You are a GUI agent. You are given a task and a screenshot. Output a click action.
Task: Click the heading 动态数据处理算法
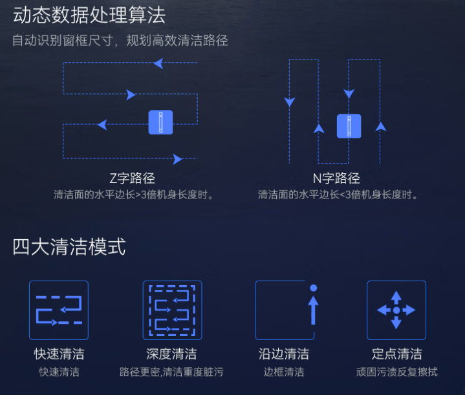coord(89,14)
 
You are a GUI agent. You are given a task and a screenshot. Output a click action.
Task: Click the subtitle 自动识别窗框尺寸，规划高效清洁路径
coord(120,41)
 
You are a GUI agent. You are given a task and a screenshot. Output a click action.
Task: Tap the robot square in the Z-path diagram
coord(160,122)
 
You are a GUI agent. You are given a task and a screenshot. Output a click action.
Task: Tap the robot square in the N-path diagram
coord(349,126)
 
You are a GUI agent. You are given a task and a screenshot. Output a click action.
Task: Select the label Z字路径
coord(133,178)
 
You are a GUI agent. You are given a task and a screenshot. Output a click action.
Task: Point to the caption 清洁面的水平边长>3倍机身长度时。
coord(134,194)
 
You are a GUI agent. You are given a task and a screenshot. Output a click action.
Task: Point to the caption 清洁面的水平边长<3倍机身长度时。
coord(338,194)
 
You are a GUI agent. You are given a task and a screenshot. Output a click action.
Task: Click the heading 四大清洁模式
coord(69,247)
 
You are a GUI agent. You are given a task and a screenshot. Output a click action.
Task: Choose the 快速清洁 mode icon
coord(59,310)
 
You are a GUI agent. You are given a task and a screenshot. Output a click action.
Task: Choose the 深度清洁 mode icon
coord(172,310)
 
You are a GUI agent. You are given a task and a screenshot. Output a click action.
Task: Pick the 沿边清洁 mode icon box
coord(285,310)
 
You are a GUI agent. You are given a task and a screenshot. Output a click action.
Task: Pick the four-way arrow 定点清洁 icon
coord(396,310)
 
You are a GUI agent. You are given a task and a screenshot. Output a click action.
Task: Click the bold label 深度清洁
coord(171,354)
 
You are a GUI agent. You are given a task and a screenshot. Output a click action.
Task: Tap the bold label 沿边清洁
coord(284,354)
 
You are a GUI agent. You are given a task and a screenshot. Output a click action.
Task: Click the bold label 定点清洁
coord(396,354)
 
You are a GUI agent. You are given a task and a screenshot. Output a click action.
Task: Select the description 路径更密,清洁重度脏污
coord(171,372)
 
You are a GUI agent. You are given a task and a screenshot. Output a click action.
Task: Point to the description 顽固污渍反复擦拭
coord(396,372)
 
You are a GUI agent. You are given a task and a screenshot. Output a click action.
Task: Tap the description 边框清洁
coord(284,372)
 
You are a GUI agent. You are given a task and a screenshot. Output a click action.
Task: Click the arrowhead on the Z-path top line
coord(158,63)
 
